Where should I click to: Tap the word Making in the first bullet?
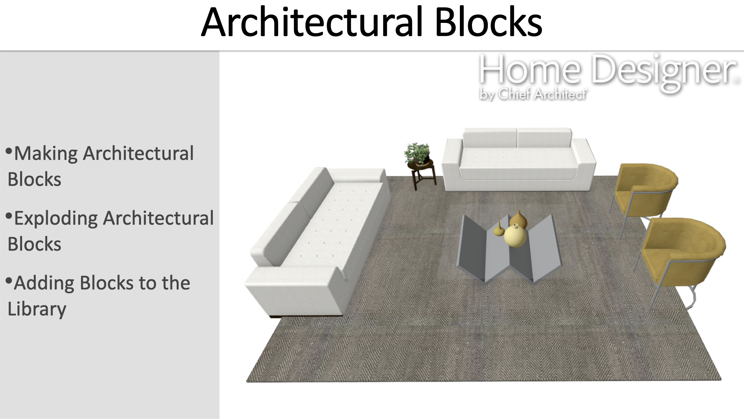click(46, 154)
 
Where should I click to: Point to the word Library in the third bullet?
click(37, 310)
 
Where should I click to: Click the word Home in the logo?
click(530, 70)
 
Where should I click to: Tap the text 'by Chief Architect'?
click(533, 94)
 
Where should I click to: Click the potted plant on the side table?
click(417, 154)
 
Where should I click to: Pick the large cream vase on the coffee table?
click(515, 235)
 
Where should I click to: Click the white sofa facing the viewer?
click(519, 160)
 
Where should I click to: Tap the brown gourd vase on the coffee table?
click(518, 220)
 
